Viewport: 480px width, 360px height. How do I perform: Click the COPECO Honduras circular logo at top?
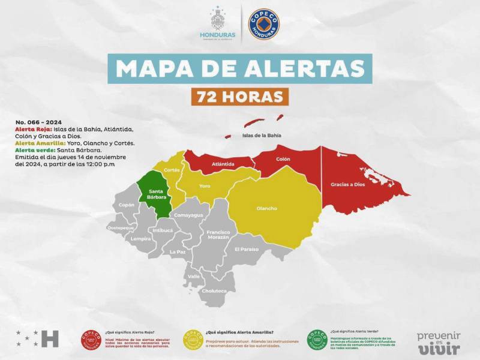264,24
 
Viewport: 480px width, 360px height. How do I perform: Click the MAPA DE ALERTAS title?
240,68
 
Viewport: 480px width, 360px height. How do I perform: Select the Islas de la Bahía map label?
262,135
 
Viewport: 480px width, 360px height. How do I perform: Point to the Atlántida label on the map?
223,163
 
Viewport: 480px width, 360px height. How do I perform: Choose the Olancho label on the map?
266,208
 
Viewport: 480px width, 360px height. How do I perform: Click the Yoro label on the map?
205,185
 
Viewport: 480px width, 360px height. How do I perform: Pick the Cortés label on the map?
172,170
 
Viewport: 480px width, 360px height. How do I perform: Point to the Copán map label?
127,205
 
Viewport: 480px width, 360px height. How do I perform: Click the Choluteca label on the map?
214,291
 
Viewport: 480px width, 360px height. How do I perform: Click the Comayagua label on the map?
188,215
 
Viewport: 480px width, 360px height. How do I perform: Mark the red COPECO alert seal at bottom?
91,340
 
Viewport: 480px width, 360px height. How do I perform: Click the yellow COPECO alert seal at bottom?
194,340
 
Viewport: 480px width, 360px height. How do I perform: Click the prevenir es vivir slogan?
439,342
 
